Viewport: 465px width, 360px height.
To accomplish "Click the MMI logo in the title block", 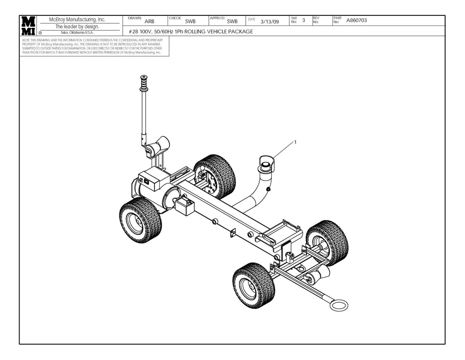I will coord(28,26).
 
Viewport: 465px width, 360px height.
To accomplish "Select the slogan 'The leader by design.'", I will coord(77,26).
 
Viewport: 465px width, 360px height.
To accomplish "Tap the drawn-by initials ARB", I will coord(149,21).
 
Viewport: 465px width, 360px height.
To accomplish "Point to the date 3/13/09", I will coord(270,22).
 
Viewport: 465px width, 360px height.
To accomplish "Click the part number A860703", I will coord(356,20).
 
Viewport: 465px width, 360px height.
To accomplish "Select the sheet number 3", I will coord(303,20).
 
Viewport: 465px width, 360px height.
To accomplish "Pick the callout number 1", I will coord(295,142).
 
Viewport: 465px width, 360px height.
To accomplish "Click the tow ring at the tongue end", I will coord(338,304).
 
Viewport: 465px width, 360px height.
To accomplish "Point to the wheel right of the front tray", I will coord(327,242).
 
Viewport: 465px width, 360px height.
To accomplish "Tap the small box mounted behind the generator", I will coord(185,207).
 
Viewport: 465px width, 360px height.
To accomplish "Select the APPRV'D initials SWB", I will coord(232,21).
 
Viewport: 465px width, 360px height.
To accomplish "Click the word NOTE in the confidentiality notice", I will coord(26,40).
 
